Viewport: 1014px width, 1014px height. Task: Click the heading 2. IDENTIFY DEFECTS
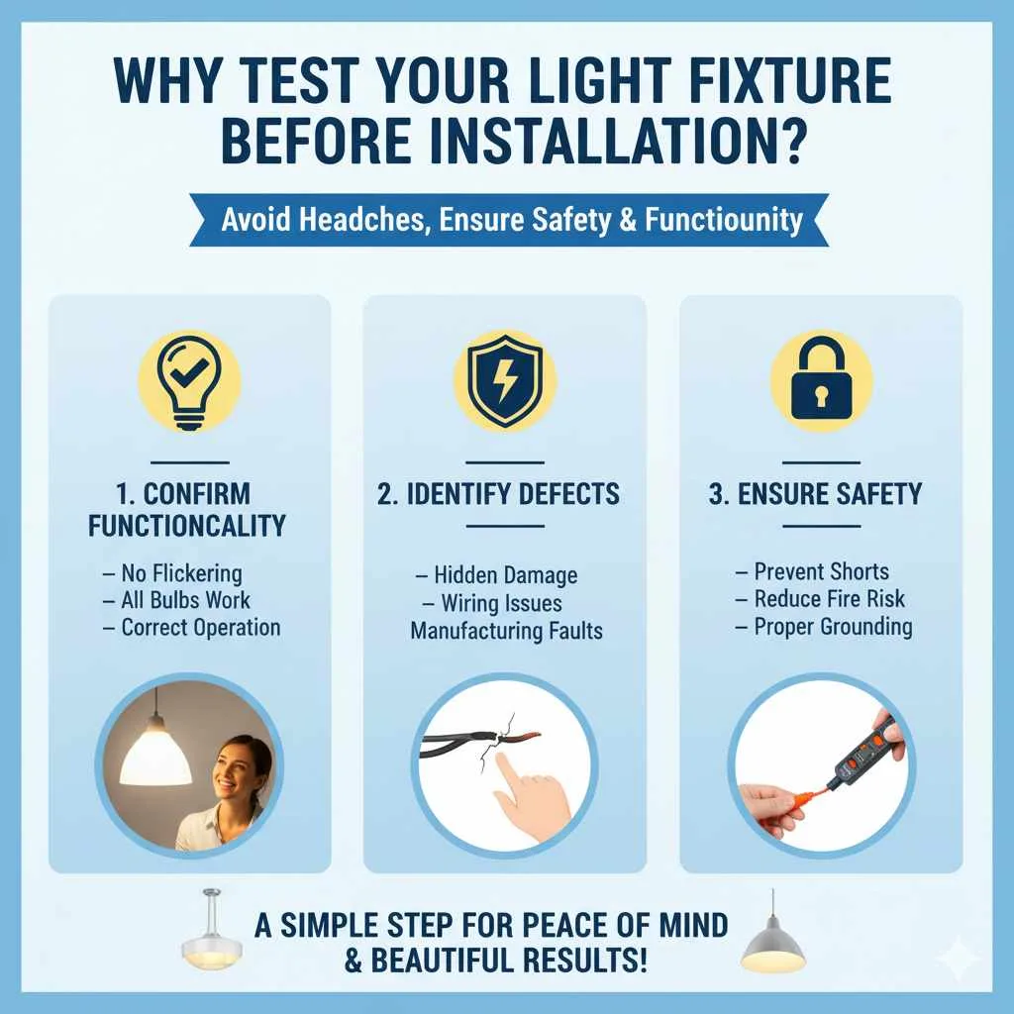(499, 494)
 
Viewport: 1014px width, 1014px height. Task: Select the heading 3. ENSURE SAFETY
(815, 494)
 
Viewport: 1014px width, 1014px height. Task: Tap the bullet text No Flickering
(180, 573)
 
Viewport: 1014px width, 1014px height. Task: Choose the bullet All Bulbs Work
(184, 600)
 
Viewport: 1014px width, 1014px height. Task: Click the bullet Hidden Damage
(505, 575)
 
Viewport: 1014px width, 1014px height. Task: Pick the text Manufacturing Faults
(506, 630)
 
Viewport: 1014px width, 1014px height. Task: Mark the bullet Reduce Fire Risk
(829, 599)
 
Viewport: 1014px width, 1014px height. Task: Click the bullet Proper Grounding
(832, 627)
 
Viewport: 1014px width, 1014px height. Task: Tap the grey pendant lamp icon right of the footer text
(772, 936)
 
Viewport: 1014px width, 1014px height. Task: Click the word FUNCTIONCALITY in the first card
(187, 525)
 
